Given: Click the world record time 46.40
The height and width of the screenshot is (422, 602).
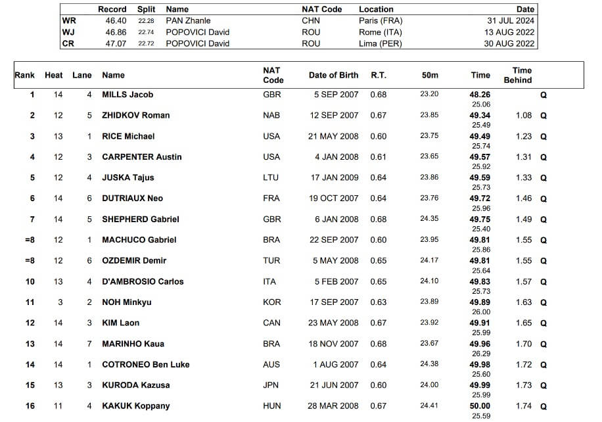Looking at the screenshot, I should [116, 21].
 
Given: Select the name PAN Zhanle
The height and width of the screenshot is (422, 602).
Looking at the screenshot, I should [188, 21].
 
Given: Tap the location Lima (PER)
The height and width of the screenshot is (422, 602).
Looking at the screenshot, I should [380, 44].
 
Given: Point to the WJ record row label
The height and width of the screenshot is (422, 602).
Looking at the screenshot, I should [68, 32].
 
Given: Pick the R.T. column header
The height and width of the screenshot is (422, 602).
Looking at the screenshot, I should [379, 76].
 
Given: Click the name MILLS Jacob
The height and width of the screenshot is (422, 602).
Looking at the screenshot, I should [127, 95].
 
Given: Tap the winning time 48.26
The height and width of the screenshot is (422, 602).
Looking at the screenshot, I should [480, 95].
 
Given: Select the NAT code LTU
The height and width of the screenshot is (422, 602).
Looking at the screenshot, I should [271, 177].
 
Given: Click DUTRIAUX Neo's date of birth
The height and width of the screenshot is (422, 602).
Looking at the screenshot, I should [335, 199].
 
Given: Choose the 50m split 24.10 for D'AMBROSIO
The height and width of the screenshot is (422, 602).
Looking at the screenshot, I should [429, 281].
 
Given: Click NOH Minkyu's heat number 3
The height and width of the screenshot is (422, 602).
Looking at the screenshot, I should [58, 302].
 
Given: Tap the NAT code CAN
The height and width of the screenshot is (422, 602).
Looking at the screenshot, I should [271, 323].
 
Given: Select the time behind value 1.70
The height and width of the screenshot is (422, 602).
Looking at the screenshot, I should [524, 344].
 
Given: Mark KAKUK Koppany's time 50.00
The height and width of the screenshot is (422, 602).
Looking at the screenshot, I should [480, 406].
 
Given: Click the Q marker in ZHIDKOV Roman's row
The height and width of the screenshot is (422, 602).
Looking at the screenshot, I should [544, 116].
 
